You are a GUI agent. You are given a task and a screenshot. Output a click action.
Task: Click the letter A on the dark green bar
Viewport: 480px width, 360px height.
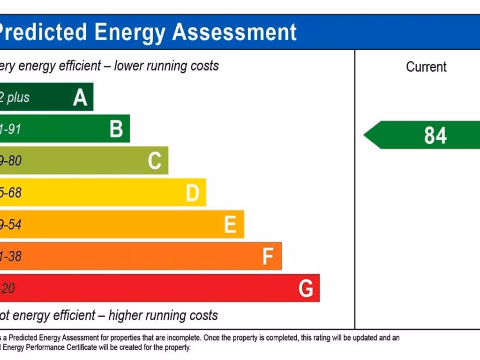click(80, 97)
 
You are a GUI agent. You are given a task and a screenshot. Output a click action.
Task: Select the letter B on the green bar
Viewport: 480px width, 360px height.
click(116, 129)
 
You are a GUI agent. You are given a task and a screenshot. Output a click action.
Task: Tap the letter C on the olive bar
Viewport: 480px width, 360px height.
click(155, 161)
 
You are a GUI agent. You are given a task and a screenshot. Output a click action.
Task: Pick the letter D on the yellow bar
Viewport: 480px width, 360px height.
click(192, 193)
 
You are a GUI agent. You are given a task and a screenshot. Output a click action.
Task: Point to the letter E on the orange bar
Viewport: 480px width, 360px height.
click(230, 225)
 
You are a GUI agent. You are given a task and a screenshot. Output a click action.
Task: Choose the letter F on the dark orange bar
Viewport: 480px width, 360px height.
click(268, 256)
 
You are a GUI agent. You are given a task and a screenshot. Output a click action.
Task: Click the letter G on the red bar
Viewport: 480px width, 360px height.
click(306, 288)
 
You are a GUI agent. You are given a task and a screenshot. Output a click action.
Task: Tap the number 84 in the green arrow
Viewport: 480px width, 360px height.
click(435, 135)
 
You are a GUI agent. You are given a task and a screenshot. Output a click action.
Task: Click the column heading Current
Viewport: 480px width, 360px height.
click(426, 67)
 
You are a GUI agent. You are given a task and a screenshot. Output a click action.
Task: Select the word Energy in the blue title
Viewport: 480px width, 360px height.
click(130, 32)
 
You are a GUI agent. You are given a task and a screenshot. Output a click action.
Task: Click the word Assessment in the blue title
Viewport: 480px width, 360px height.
click(234, 32)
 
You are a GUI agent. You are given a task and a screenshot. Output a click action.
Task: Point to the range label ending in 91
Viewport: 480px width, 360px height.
click(10, 129)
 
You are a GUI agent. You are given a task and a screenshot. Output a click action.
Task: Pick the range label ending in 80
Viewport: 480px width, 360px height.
click(11, 161)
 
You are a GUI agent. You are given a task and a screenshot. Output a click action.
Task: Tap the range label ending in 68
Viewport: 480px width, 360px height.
click(11, 193)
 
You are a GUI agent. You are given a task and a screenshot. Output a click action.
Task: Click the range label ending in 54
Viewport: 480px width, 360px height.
click(11, 225)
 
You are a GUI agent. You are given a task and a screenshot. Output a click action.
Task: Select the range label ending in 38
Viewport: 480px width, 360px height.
click(11, 256)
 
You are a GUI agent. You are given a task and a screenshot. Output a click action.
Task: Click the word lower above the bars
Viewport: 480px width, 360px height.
click(129, 66)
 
